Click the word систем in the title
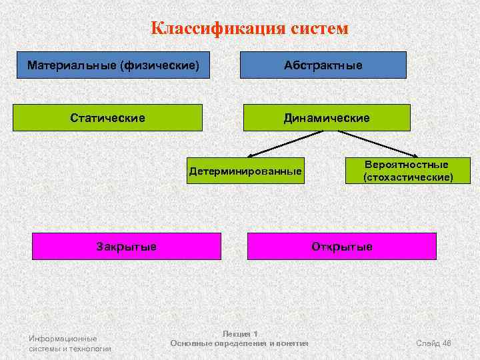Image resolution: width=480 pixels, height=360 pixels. coord(319,29)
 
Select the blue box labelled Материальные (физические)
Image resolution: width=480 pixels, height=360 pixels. coord(113,65)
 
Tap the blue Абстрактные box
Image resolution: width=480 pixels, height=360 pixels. coord(323,65)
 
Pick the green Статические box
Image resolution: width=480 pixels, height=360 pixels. coord(108,117)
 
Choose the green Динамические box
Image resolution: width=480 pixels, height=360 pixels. coord(327,117)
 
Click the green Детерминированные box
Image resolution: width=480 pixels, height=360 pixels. coord(245,171)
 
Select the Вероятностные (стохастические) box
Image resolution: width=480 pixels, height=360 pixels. coord(407,171)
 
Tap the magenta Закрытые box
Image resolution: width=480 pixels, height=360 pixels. coord(127,246)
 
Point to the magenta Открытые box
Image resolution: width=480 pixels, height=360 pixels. coord(341,246)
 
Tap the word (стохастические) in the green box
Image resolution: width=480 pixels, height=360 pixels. coord(407,177)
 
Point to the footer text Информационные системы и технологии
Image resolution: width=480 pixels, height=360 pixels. coord(70,343)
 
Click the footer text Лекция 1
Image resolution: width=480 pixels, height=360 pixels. coord(239,333)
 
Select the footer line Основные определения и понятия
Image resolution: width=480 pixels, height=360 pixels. coord(239,343)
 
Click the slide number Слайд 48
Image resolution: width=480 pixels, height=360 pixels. coord(433,343)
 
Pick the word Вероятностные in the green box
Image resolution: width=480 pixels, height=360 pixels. coord(407,164)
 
